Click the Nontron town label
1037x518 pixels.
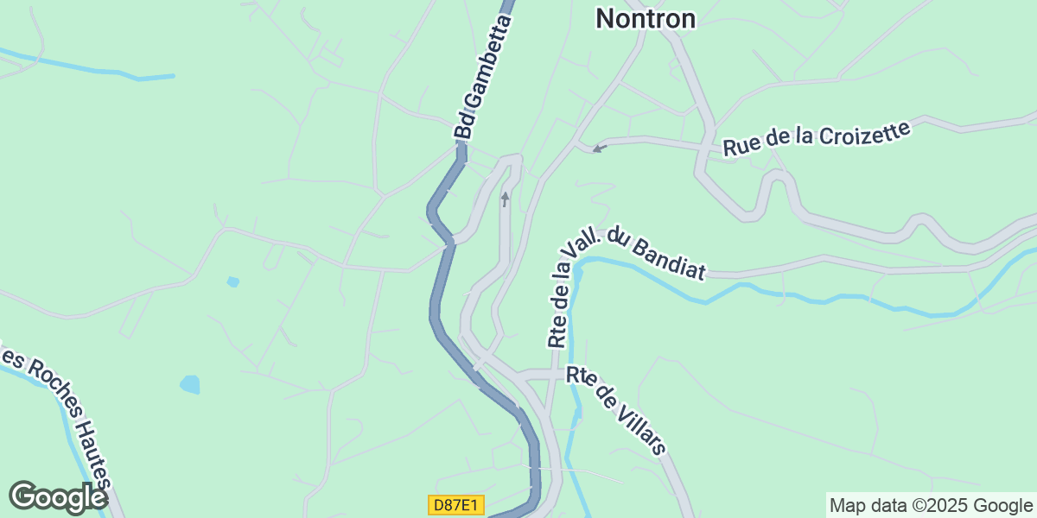click(646, 18)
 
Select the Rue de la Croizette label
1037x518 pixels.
click(817, 139)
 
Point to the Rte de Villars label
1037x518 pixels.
click(617, 408)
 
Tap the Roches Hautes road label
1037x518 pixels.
click(60, 414)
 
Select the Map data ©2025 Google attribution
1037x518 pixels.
click(931, 505)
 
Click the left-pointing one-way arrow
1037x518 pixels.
click(597, 148)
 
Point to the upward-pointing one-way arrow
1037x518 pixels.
click(506, 199)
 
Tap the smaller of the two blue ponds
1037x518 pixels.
click(232, 281)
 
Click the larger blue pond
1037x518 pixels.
click(189, 383)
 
